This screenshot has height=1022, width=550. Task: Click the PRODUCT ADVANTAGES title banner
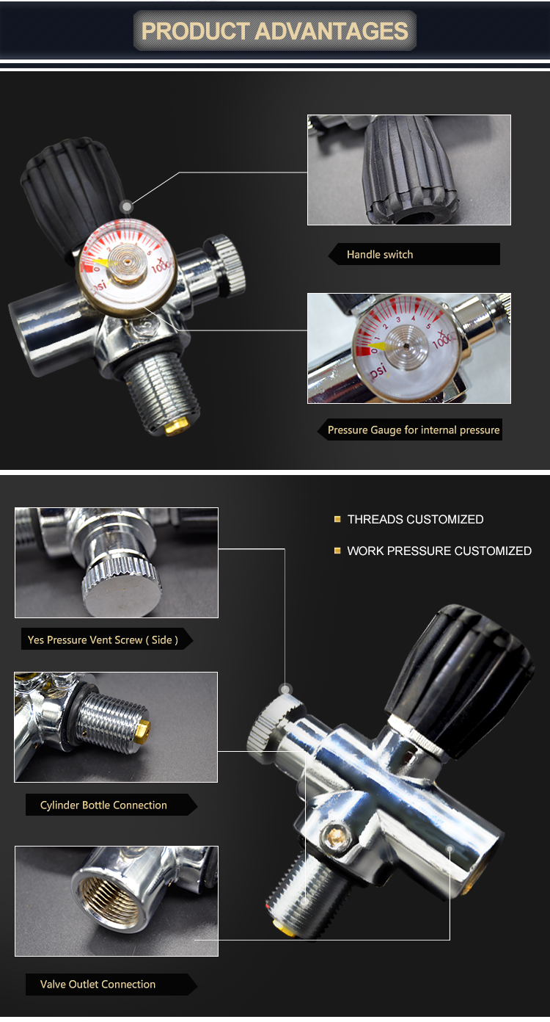(x=275, y=31)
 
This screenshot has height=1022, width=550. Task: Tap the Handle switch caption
(x=380, y=255)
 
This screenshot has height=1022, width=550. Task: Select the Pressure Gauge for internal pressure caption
(x=414, y=430)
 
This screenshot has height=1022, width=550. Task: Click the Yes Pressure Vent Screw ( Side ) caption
(x=103, y=639)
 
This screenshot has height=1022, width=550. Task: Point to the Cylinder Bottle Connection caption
(x=103, y=805)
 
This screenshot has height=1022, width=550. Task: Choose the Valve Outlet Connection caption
(x=98, y=984)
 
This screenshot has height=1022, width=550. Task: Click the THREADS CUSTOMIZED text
(x=415, y=519)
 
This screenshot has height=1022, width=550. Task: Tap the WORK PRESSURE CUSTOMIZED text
(x=439, y=551)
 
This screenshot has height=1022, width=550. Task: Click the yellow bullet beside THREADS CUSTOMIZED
(x=337, y=519)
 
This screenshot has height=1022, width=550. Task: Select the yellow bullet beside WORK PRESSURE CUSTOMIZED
(x=337, y=551)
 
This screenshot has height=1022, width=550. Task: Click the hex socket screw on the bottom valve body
(x=336, y=836)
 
